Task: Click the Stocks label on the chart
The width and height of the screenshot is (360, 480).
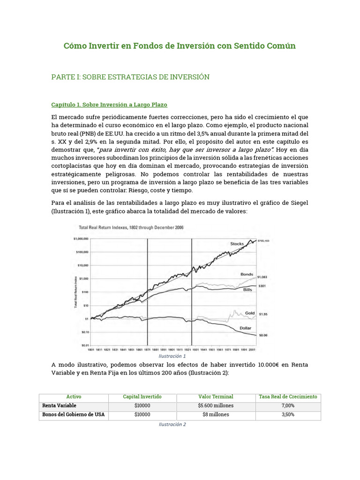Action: point(237,244)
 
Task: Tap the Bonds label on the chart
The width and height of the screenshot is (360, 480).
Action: point(247,274)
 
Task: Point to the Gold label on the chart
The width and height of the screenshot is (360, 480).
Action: point(250,313)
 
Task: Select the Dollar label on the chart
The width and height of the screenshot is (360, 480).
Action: point(246,328)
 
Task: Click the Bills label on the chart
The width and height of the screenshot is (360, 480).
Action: point(248,290)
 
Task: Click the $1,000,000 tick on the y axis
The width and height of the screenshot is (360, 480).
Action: point(81,239)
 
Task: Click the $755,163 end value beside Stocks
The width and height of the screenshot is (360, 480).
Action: point(264,240)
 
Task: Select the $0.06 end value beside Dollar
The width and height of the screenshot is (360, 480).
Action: point(263,336)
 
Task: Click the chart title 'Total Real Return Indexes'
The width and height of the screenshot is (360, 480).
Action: point(131,227)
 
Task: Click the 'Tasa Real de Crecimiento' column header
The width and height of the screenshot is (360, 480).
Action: point(288,397)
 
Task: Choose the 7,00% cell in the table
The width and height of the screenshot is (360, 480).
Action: point(288,405)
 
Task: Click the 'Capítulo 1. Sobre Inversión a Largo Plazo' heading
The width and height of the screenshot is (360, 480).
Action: point(109,104)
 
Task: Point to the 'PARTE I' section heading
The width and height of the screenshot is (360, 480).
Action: point(130,77)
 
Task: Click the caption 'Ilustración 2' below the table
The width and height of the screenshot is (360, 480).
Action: point(172,424)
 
